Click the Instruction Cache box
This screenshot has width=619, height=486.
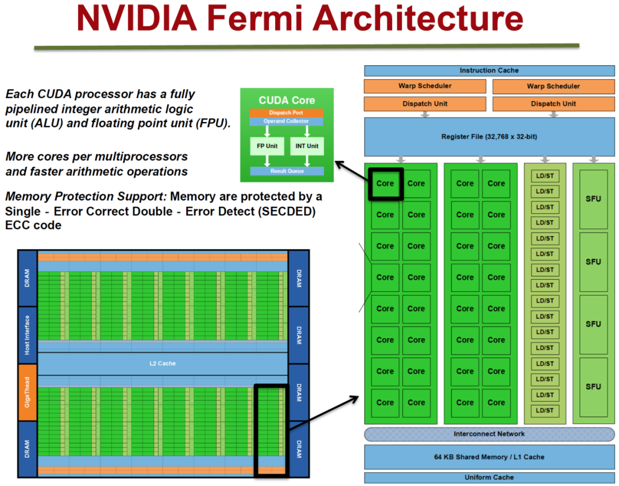[489, 70]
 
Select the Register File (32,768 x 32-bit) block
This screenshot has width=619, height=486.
[489, 136]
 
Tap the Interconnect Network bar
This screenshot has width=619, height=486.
[489, 434]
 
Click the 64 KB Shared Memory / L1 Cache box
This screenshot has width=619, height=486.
[489, 457]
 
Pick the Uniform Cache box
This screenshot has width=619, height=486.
[489, 477]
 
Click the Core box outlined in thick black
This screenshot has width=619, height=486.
[385, 183]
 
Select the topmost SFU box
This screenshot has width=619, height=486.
[593, 198]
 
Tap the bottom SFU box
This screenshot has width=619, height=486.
[593, 386]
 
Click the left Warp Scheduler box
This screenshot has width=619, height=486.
[425, 86]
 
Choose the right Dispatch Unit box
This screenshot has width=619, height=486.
[553, 104]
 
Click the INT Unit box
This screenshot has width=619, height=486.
[308, 146]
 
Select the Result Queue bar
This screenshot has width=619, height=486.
[287, 171]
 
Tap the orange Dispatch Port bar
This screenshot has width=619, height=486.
[287, 113]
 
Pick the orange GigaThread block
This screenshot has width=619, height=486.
[27, 393]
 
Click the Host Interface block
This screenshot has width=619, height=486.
[27, 335]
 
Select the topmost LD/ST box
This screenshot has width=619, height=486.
[544, 175]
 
